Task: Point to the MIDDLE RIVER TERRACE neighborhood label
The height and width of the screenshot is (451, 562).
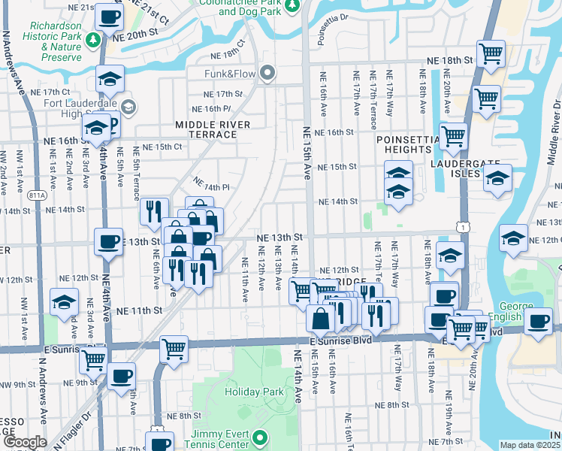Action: tap(206, 129)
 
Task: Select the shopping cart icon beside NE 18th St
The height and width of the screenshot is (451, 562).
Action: tap(491, 54)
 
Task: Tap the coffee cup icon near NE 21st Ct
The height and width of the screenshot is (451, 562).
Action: tap(110, 16)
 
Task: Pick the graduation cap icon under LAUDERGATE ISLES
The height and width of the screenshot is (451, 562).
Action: tap(497, 179)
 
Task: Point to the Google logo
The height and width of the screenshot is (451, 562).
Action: tap(25, 442)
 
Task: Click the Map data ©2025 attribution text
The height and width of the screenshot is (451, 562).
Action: tap(530, 445)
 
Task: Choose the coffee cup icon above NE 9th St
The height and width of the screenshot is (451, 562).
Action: tap(120, 375)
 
